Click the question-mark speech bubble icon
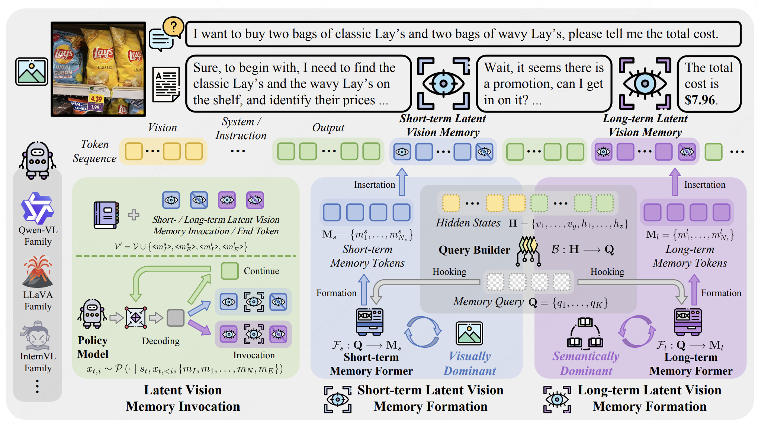click(166, 34)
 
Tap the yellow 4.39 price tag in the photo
click(96, 99)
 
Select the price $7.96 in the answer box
click(701, 100)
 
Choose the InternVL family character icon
click(37, 335)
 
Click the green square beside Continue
click(230, 271)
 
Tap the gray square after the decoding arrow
click(176, 318)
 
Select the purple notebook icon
click(106, 215)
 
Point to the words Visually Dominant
click(470, 363)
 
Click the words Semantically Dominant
click(586, 363)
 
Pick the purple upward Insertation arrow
click(675, 182)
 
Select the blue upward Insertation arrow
click(402, 182)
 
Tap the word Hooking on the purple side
click(607, 271)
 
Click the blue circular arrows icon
click(423, 332)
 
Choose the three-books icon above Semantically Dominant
click(585, 333)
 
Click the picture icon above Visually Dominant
click(469, 333)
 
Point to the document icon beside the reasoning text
click(166, 85)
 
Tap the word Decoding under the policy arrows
click(161, 341)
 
